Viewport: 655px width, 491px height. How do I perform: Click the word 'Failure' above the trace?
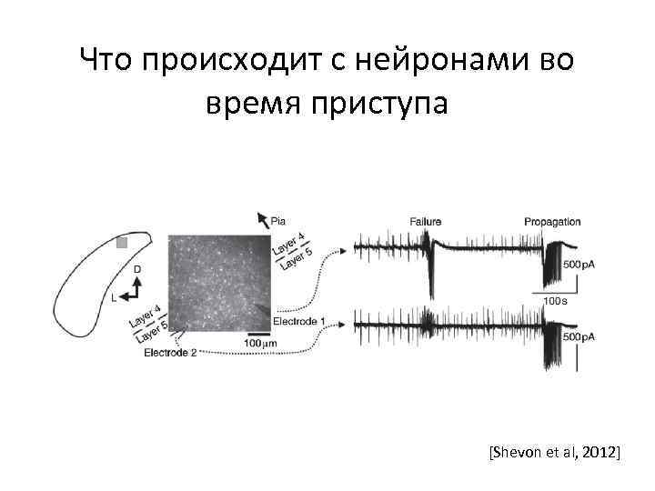[426, 222]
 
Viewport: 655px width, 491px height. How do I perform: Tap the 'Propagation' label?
[552, 222]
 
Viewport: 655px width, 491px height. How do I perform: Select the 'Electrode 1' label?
[299, 321]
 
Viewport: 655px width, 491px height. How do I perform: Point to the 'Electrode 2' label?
[170, 353]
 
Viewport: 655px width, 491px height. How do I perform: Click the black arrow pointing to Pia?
[262, 219]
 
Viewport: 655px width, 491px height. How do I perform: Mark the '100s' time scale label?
[556, 299]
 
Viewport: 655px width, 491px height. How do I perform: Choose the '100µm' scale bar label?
[262, 343]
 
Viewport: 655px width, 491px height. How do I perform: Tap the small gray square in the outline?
[122, 243]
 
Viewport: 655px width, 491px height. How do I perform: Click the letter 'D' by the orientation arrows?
[137, 269]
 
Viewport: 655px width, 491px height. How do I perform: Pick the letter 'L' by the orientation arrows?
[115, 296]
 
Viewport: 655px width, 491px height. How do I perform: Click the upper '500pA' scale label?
[580, 265]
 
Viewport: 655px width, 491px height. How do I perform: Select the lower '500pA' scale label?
[580, 336]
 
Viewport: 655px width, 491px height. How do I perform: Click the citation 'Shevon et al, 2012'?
[554, 451]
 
